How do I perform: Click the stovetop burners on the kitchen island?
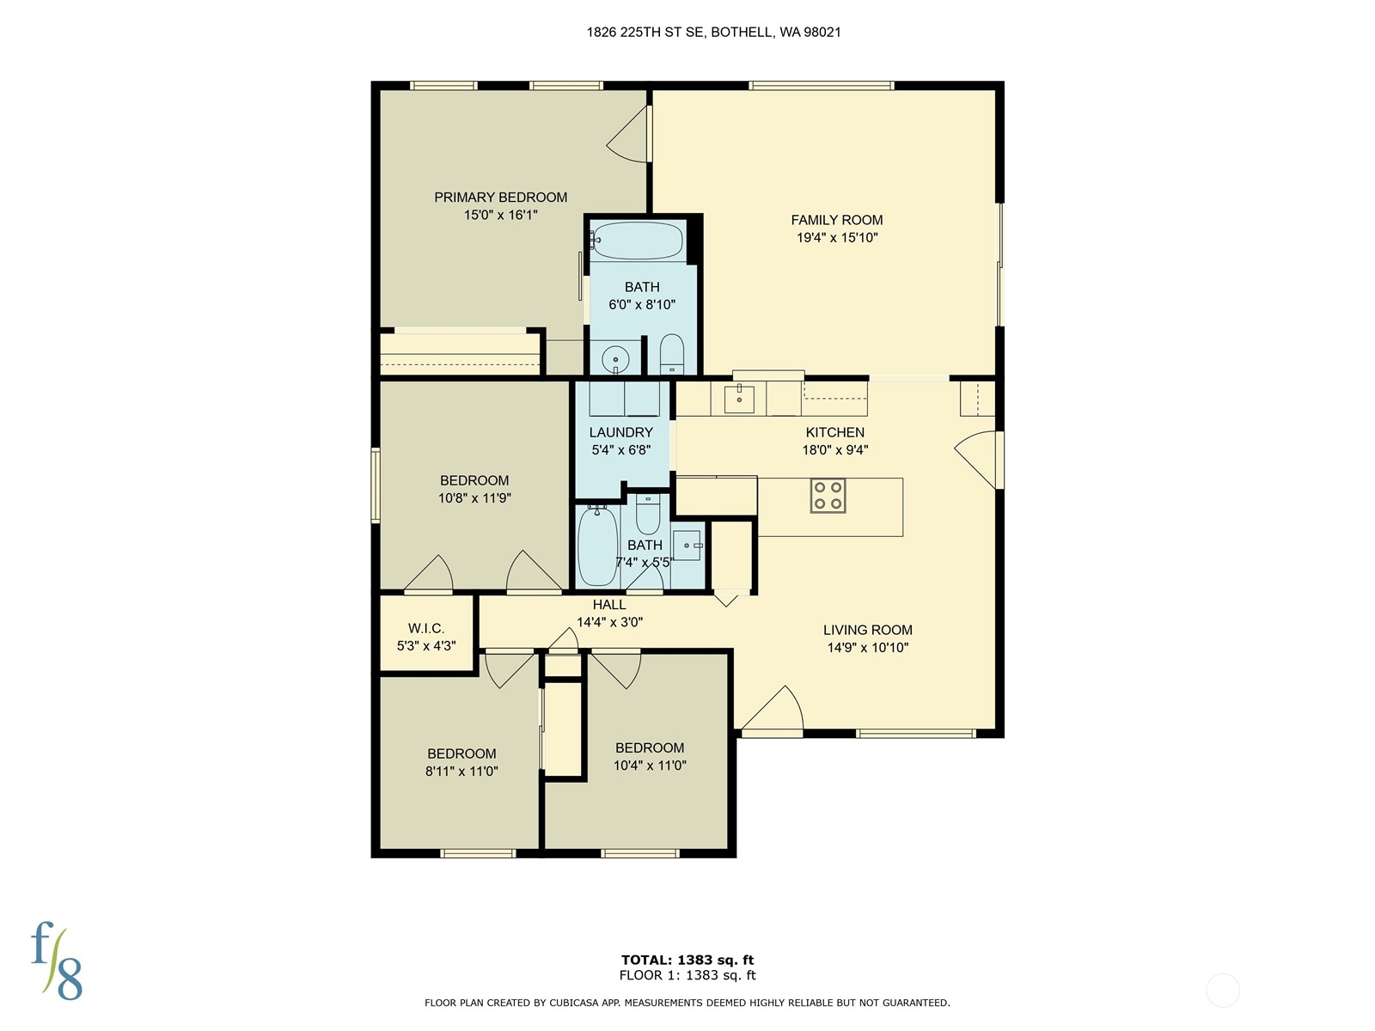tap(828, 496)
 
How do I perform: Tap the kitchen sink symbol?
tap(739, 400)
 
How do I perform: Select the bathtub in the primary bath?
tap(637, 241)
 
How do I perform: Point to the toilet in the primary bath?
tap(671, 354)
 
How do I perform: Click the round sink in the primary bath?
tap(615, 358)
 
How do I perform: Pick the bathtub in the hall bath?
tap(596, 546)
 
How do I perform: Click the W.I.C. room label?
tap(426, 629)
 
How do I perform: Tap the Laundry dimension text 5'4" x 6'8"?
tap(620, 449)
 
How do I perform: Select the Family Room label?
tap(836, 220)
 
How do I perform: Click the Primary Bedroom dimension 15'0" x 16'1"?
tap(500, 215)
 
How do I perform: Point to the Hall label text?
tap(608, 605)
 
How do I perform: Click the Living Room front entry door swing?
tap(773, 710)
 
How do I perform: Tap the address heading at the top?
tap(713, 33)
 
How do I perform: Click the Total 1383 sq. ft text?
tap(687, 960)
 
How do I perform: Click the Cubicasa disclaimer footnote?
tap(687, 1003)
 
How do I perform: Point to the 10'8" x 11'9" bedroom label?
tap(474, 489)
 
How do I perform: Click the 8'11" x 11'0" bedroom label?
tap(461, 762)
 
